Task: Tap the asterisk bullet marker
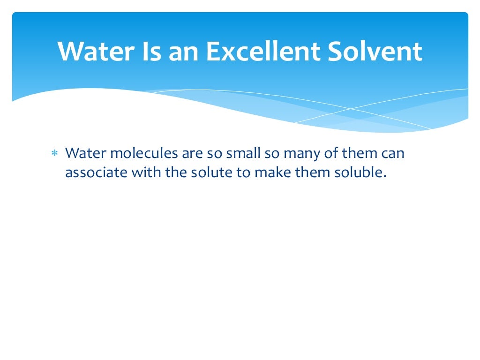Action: [54, 154]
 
